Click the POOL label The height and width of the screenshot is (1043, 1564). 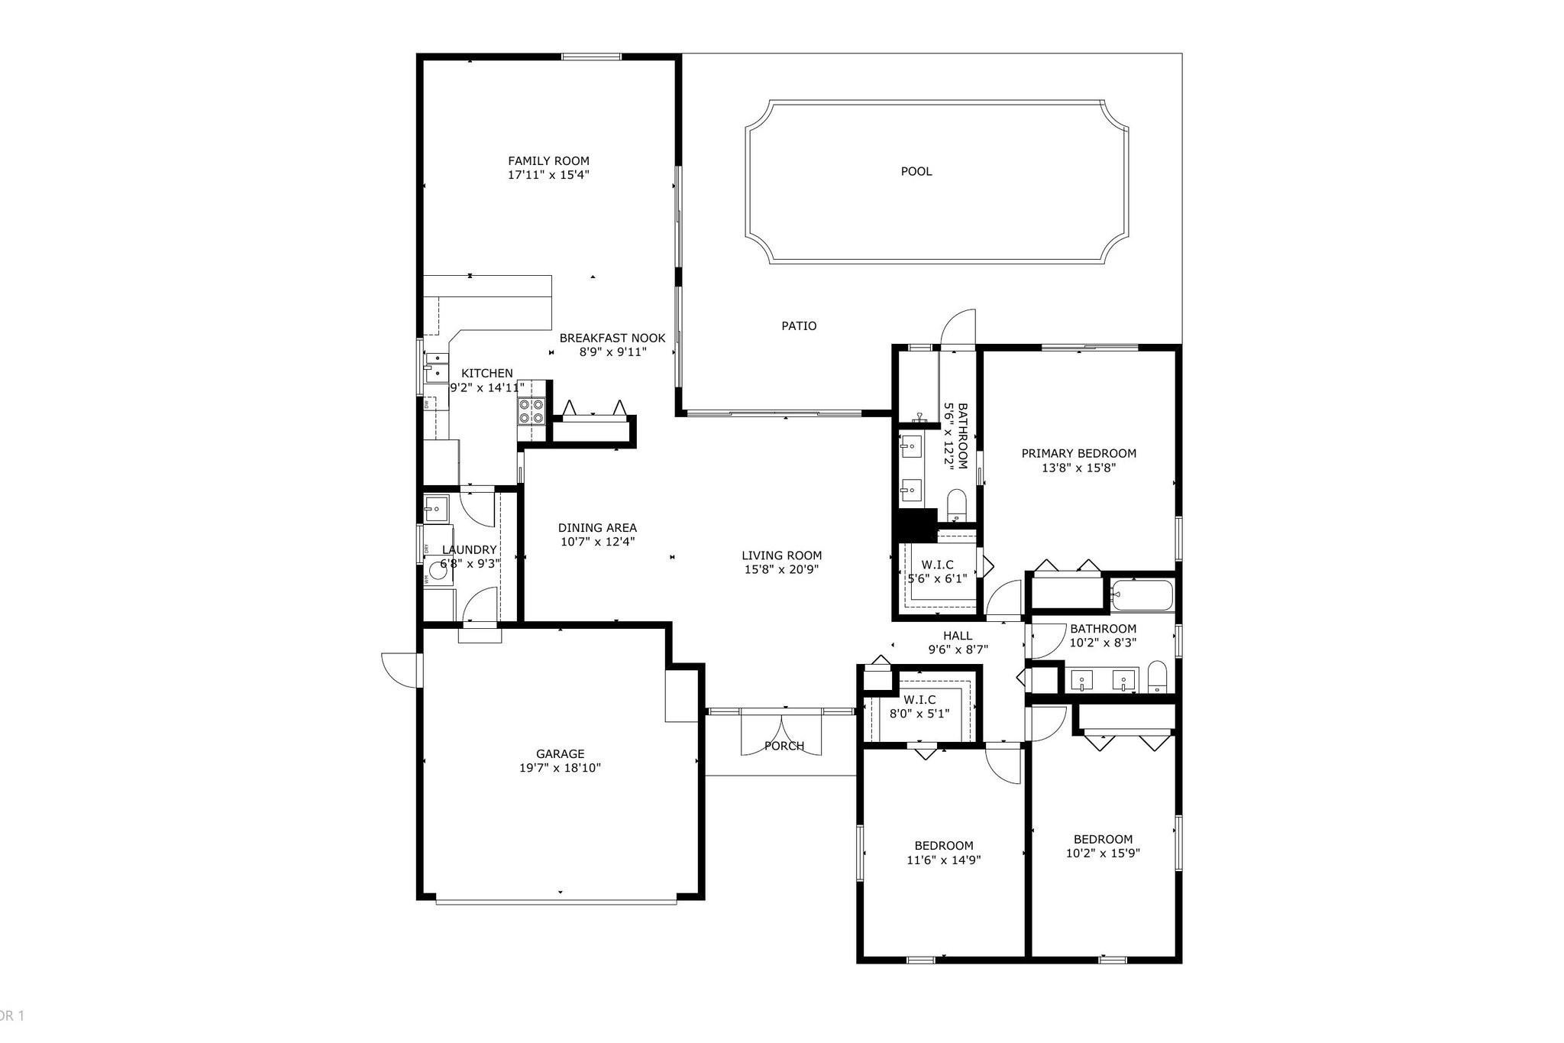916,171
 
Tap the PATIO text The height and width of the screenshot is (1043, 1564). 799,326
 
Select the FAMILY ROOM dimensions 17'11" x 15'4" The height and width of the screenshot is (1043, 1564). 548,175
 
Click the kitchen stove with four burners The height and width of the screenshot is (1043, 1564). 532,411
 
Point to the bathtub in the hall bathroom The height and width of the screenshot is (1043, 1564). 1142,595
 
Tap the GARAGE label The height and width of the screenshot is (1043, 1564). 560,753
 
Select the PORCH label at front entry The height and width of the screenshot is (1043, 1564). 784,746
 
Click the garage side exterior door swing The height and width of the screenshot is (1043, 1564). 400,670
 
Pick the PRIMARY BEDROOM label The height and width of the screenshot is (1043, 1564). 1078,453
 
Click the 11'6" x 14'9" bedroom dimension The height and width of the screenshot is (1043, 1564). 944,860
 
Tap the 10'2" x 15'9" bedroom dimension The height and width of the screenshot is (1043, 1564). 1103,853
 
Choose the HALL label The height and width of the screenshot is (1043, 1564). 958,636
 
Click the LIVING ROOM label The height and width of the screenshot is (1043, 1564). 781,556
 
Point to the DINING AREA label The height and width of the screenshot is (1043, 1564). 597,527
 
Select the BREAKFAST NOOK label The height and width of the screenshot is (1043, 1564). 612,338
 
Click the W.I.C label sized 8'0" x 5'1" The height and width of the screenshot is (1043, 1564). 919,699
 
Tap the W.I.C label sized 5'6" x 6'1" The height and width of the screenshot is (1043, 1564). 937,565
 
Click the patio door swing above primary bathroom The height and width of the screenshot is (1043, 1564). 959,329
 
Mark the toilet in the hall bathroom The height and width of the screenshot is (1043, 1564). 1157,675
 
